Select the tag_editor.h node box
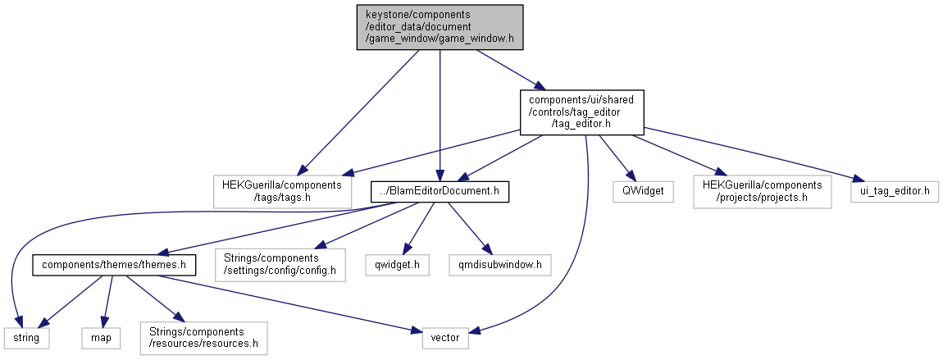pos(581,112)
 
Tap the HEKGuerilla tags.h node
pos(282,191)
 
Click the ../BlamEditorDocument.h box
pos(440,191)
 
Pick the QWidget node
pos(636,191)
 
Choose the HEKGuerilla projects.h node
pos(762,191)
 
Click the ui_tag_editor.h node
pos(894,191)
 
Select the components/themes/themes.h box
pos(114,265)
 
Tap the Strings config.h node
pos(280,265)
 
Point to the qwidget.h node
pos(397,265)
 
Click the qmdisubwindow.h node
pos(500,265)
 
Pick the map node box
pos(100,337)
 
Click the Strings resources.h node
pos(203,337)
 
